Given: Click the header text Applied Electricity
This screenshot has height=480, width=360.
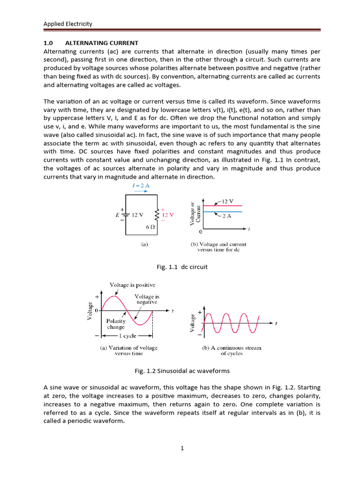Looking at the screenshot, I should [x=67, y=24].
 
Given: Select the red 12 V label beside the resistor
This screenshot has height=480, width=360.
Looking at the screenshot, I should [x=167, y=215].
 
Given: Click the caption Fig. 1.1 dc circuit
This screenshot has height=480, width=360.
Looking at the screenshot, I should [x=182, y=267].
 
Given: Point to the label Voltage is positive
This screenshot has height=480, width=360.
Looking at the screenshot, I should [x=133, y=285].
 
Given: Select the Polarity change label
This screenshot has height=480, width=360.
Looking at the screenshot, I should [x=116, y=324].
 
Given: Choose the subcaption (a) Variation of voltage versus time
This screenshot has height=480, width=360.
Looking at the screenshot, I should [x=129, y=351].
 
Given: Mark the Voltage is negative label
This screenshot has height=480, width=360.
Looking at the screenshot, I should [x=147, y=300].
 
